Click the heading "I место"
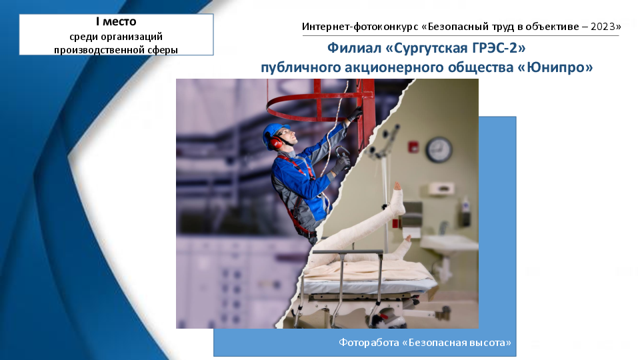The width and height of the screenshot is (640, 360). pyautogui.click(x=116, y=21)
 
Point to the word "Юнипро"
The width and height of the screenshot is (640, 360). pyautogui.click(x=557, y=67)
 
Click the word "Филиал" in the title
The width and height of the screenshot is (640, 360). pyautogui.click(x=353, y=48)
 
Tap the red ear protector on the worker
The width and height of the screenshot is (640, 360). pyautogui.click(x=275, y=141)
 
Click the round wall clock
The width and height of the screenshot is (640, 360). pyautogui.click(x=439, y=149)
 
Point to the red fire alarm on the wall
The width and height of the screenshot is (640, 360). pyautogui.click(x=413, y=146)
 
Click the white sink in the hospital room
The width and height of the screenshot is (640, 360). pyautogui.click(x=449, y=244)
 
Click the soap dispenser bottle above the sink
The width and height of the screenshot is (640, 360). pyautogui.click(x=465, y=205)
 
